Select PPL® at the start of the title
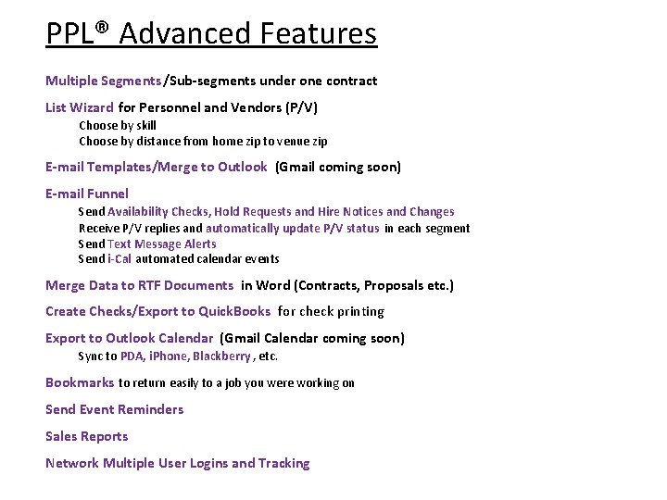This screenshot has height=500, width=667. [x=78, y=34]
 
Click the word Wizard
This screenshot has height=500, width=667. [x=94, y=107]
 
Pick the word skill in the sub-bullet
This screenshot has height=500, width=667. [x=146, y=125]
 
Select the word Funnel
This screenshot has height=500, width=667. [x=107, y=194]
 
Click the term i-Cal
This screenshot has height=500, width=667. [x=120, y=259]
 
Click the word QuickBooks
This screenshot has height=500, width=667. [x=235, y=311]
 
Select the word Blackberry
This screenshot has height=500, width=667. [x=221, y=356]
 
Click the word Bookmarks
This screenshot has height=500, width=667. [x=80, y=382]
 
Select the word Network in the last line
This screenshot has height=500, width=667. [x=72, y=463]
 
